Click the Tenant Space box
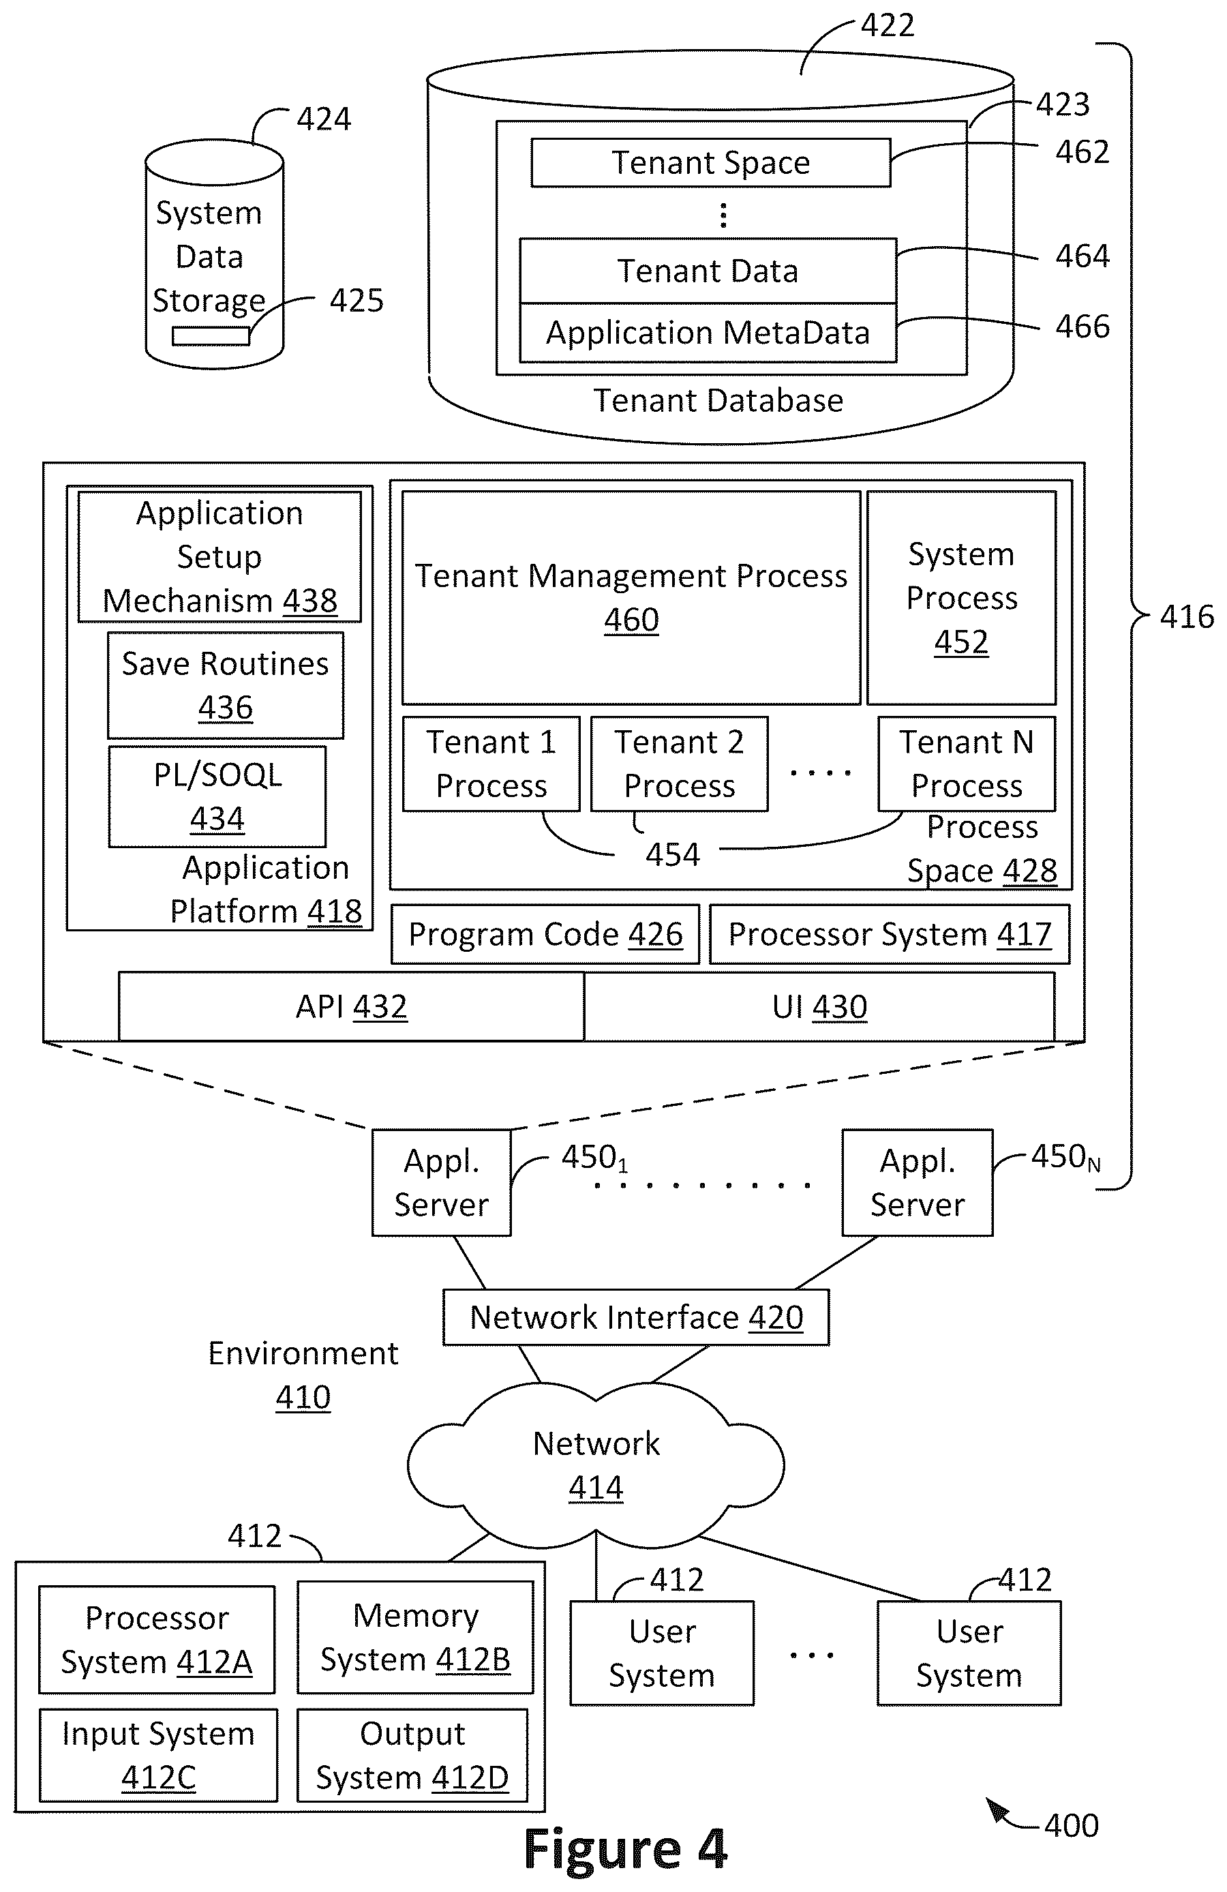pos(710,163)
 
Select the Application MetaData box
pos(708,332)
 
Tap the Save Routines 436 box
pos(226,685)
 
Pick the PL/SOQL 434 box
pos(217,796)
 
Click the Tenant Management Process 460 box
pos(631,598)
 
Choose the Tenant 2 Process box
pos(680,764)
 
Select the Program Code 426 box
pos(545,934)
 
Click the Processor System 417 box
pos(890,934)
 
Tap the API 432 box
pos(351,1006)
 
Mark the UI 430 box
pos(819,1006)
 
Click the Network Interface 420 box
pos(636,1317)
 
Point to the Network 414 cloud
pos(596,1465)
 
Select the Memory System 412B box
pos(415,1638)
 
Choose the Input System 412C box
pos(158,1755)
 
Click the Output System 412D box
pos(412,1755)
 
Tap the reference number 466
pos(1082,327)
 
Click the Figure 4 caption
pos(625,1849)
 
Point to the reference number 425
pos(356,301)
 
